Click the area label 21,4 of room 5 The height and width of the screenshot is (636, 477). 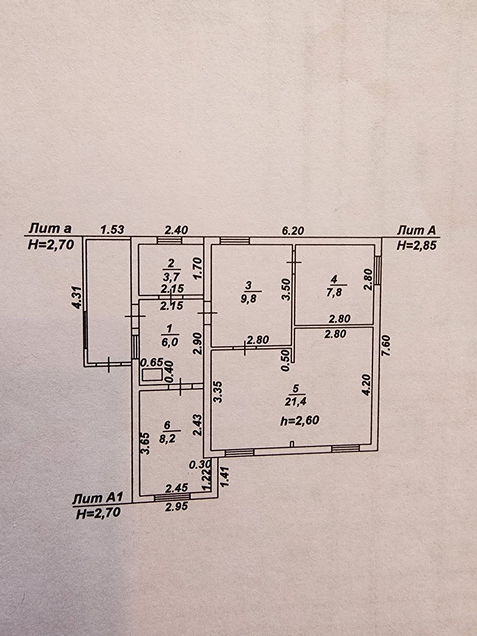pos(295,402)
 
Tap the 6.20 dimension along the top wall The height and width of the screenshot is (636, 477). pos(293,230)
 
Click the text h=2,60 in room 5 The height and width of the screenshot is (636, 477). pos(300,420)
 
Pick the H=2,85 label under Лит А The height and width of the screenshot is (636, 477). pos(416,245)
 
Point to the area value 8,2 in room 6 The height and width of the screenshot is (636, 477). pos(167,439)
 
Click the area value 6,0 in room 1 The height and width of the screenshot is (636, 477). pos(170,342)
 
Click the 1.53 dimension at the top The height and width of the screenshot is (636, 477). pos(112,230)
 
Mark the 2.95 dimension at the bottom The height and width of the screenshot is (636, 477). pos(176,506)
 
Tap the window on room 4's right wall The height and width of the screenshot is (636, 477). pos(377,270)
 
